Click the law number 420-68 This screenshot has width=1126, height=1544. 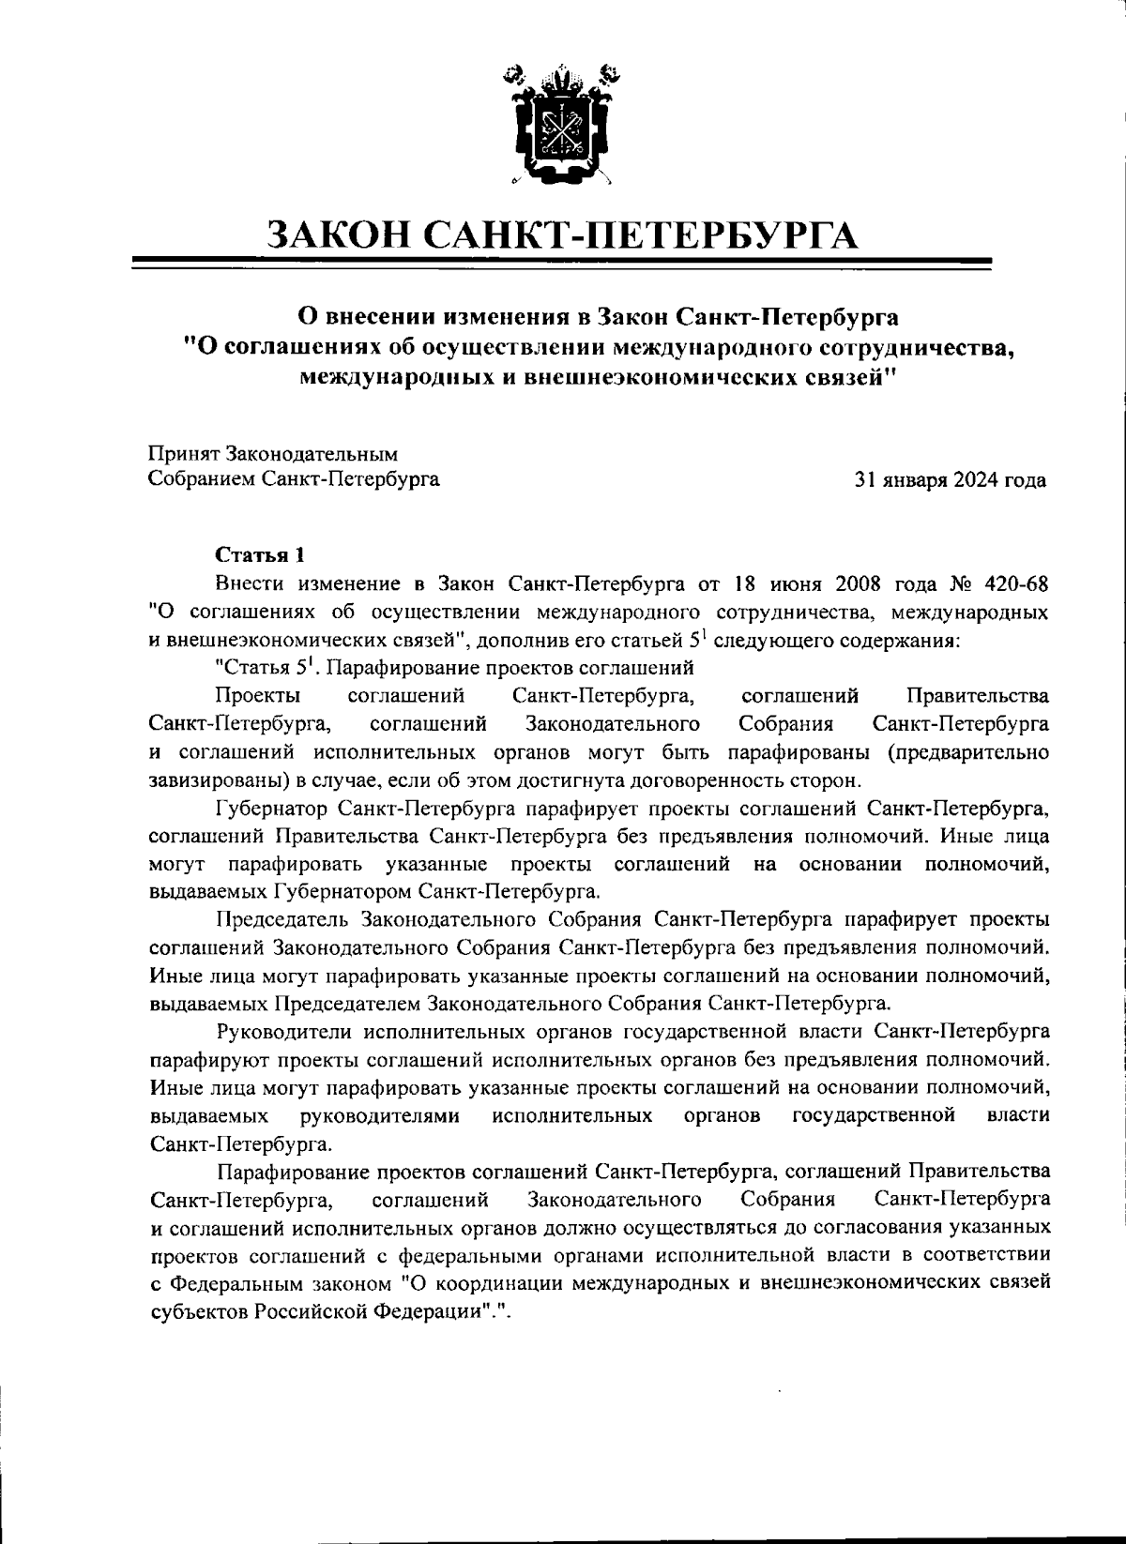tap(1012, 583)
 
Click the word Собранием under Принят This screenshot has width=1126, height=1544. tap(201, 481)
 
